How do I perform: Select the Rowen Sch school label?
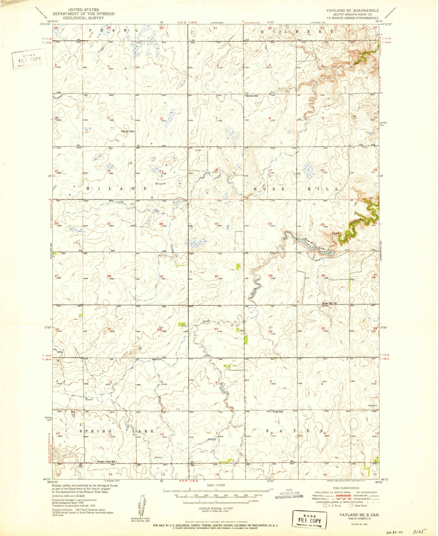click(252, 96)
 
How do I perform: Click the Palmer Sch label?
click(127, 131)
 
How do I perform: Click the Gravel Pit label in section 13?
click(162, 184)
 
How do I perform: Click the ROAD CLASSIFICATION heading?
click(346, 488)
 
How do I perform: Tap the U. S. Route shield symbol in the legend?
click(325, 506)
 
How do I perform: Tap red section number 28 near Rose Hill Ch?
click(323, 275)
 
